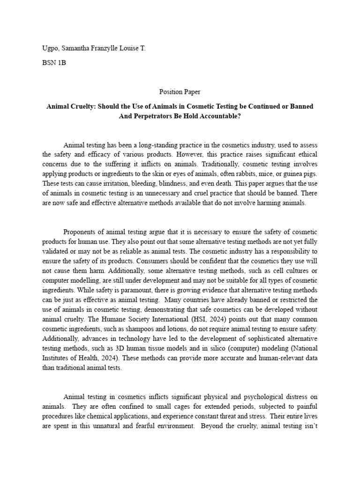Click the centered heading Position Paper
click(x=180, y=92)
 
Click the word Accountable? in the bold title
click(x=217, y=116)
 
